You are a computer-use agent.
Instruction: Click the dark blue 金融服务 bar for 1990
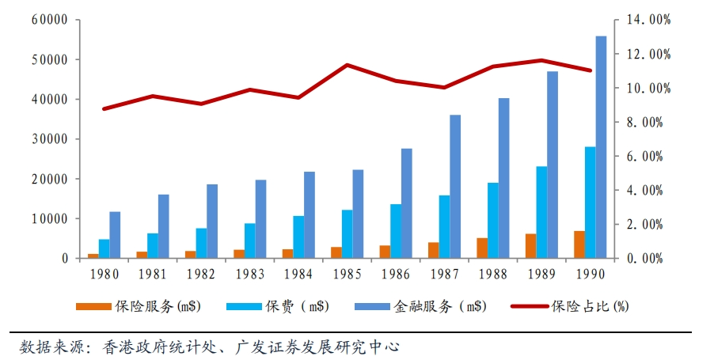[601, 147]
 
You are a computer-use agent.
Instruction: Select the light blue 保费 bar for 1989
[541, 212]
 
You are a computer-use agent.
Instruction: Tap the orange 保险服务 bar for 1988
[482, 248]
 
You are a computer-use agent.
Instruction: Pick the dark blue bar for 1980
[115, 235]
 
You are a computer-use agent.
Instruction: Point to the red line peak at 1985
[347, 65]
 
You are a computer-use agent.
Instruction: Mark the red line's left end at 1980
[104, 108]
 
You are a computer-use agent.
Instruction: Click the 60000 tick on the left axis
[51, 20]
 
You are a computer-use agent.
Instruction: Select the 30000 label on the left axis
[51, 139]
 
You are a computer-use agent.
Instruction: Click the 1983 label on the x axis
[249, 275]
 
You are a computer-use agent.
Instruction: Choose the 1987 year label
[443, 275]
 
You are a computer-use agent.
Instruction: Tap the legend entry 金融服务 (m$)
[439, 307]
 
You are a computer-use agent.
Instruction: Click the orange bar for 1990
[579, 244]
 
